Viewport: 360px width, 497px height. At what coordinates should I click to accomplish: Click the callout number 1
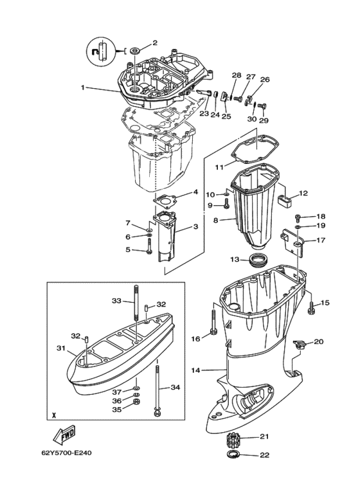pyautogui.click(x=83, y=87)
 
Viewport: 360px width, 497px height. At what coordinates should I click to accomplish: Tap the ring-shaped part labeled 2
pyautogui.click(x=136, y=50)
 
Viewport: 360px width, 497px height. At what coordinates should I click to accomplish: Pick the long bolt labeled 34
pyautogui.click(x=157, y=390)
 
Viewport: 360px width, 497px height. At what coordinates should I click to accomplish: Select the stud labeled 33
pyautogui.click(x=136, y=302)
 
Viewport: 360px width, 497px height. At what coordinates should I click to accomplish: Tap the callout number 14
pyautogui.click(x=196, y=370)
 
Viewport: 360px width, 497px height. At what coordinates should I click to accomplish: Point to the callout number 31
pyautogui.click(x=60, y=348)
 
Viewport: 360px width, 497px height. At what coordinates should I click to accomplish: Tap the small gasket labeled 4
pyautogui.click(x=163, y=201)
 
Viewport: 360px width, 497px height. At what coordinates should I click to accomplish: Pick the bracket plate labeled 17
pyautogui.click(x=292, y=244)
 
